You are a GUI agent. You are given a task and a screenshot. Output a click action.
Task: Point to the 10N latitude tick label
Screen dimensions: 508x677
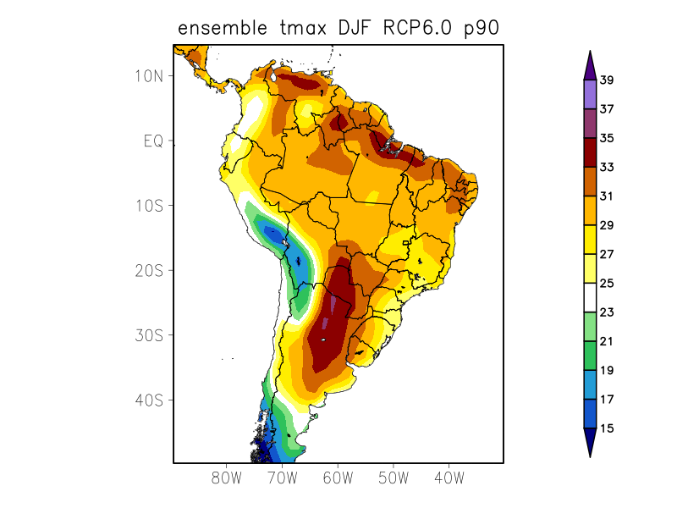click(148, 75)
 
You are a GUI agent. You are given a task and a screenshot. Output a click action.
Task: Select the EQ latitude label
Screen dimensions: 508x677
click(153, 141)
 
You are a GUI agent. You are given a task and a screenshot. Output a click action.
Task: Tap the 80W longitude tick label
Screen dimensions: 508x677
click(226, 478)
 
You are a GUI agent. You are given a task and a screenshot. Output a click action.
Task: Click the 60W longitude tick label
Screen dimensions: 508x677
click(337, 478)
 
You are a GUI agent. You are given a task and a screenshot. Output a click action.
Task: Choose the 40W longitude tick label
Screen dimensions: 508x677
click(449, 478)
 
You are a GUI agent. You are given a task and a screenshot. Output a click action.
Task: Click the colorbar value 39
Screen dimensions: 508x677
click(607, 80)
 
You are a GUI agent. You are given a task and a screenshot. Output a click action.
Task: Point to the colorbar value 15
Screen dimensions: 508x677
click(607, 428)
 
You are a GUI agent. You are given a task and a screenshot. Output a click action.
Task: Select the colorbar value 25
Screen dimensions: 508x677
click(607, 284)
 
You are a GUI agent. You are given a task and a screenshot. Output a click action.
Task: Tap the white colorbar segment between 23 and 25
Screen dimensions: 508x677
click(590, 298)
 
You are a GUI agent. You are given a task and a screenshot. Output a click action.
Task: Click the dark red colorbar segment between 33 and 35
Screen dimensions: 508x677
click(590, 152)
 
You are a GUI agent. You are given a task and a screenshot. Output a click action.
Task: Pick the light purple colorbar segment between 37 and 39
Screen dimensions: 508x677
click(590, 95)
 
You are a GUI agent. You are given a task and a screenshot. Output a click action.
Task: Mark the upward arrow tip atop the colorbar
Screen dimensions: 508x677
click(590, 53)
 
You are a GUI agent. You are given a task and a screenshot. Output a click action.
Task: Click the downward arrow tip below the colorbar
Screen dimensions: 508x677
click(590, 455)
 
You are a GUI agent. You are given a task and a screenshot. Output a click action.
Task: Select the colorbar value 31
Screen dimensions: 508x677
click(607, 196)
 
